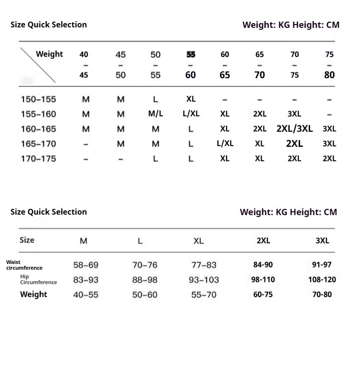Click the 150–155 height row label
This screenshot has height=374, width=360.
[x=38, y=99]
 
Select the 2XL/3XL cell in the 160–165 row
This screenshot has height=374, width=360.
[x=294, y=129]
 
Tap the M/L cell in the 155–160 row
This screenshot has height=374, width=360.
[x=156, y=114]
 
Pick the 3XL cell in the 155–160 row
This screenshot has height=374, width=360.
[x=294, y=114]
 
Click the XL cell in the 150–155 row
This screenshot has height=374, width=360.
[x=191, y=99]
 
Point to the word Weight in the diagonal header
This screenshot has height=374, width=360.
[x=49, y=54]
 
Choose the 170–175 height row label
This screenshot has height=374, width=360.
[x=38, y=158]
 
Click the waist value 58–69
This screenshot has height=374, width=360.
[x=85, y=265]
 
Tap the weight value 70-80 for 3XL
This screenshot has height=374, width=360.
[x=322, y=294]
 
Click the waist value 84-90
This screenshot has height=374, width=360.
[x=263, y=265]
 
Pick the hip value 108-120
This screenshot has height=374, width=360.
[x=322, y=279]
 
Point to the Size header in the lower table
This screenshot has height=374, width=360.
[x=27, y=240]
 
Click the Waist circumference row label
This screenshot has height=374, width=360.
[x=24, y=265]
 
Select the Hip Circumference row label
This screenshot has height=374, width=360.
[x=38, y=279]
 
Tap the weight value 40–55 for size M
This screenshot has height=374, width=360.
[x=85, y=295]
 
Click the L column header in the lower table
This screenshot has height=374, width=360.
[x=140, y=241]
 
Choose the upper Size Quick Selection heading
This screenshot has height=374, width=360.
[x=48, y=24]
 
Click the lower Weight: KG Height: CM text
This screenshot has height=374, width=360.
[x=288, y=212]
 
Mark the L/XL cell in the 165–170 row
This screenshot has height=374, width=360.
[x=225, y=144]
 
